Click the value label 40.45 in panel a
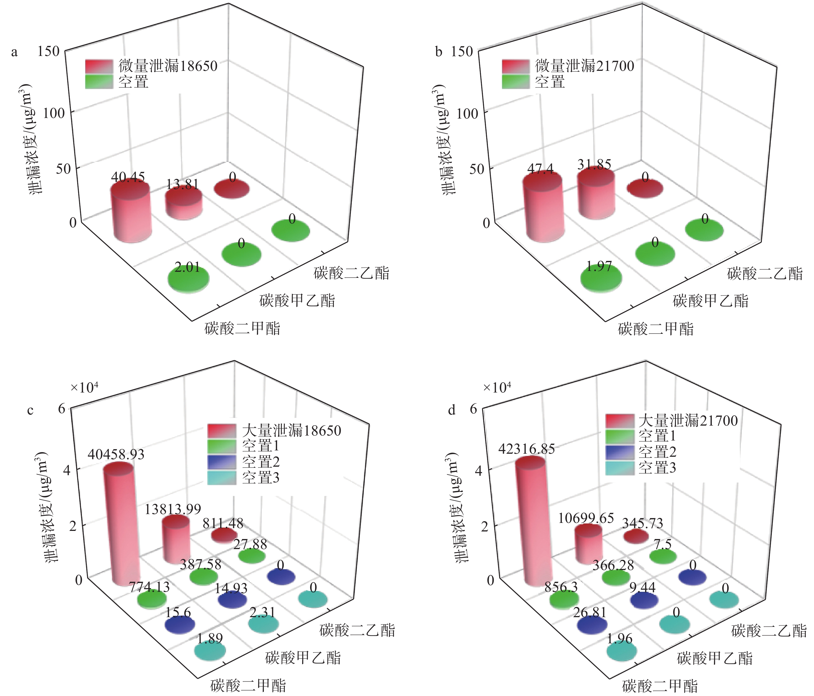[x=128, y=177]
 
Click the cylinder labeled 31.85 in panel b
[x=596, y=196]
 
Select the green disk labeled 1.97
[x=601, y=278]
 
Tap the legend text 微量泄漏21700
[x=585, y=66]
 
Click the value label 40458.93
[x=116, y=455]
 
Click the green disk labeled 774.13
[x=152, y=599]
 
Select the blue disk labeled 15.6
[x=180, y=625]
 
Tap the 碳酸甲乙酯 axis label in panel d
[x=714, y=658]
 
